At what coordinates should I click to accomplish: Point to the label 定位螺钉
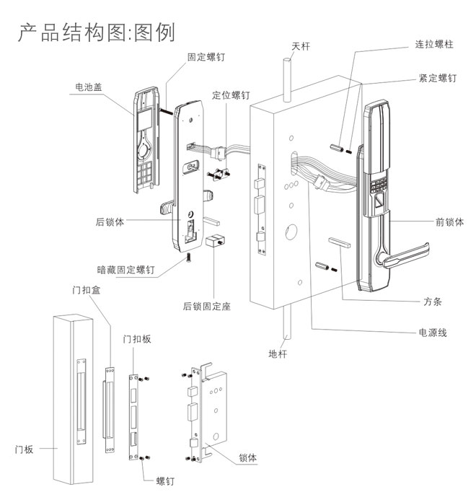tap(232, 95)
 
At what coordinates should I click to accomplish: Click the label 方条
tap(432, 301)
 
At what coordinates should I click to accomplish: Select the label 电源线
tap(433, 333)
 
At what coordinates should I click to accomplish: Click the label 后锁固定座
tap(206, 306)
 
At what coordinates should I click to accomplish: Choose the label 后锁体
tap(110, 222)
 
